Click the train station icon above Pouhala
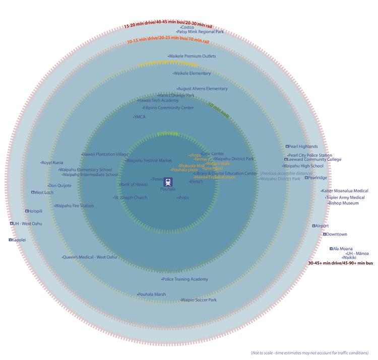pyautogui.click(x=168, y=182)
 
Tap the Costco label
pyautogui.click(x=187, y=27)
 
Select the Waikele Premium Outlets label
pyautogui.click(x=192, y=56)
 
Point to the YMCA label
pyautogui.click(x=139, y=116)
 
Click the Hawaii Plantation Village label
pyautogui.click(x=105, y=154)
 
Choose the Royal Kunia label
pyautogui.click(x=52, y=163)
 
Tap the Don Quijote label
pyautogui.click(x=59, y=185)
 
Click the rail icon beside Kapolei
pyautogui.click(x=10, y=240)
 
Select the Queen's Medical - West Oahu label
pyautogui.click(x=90, y=257)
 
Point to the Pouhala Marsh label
pyautogui.click(x=152, y=294)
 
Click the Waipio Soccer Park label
pyautogui.click(x=199, y=300)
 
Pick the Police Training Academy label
pyautogui.click(x=184, y=279)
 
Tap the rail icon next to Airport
pyautogui.click(x=313, y=226)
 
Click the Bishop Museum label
pyautogui.click(x=343, y=203)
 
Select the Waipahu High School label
pyautogui.click(x=303, y=166)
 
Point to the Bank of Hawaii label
pyautogui.click(x=134, y=184)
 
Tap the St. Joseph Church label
pyautogui.click(x=131, y=197)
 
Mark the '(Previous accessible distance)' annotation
pyautogui.click(x=286, y=173)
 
